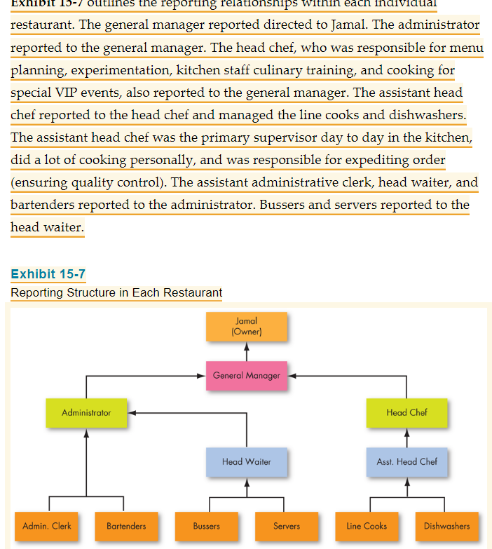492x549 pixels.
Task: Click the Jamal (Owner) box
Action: coord(247,326)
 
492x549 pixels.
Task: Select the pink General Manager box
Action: coord(247,375)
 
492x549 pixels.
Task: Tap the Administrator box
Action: coord(86,412)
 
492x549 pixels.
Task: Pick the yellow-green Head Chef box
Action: coord(406,412)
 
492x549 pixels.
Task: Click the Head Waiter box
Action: coord(247,461)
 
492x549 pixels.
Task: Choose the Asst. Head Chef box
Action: coord(406,461)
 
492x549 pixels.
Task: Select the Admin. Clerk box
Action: coord(47,526)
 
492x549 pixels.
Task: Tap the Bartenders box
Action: coord(126,526)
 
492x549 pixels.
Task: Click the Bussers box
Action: coord(207,526)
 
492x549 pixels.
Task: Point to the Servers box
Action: coord(287,526)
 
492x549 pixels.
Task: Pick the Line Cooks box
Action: coord(367,526)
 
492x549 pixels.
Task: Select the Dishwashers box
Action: coord(446,526)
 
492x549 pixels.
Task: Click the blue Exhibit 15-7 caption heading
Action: coord(48,274)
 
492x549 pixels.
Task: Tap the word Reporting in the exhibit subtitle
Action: coord(36,292)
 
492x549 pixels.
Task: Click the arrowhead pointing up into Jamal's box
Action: coord(247,346)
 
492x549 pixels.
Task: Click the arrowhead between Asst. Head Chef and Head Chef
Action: coord(406,433)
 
